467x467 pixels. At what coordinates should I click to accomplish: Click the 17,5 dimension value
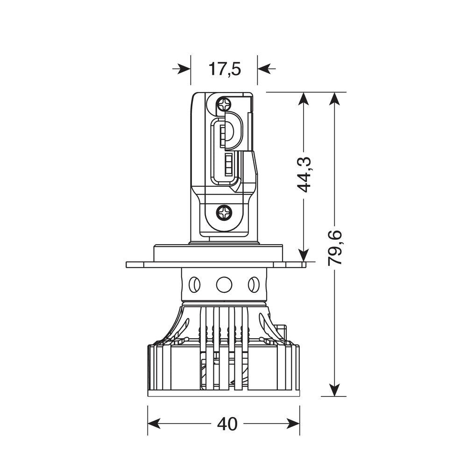[224, 69]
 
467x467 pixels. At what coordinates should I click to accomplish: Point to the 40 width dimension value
[227, 424]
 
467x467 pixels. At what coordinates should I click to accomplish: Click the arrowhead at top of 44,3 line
[304, 99]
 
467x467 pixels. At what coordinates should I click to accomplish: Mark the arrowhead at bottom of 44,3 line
[304, 255]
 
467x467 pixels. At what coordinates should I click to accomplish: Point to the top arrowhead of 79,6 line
[334, 99]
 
